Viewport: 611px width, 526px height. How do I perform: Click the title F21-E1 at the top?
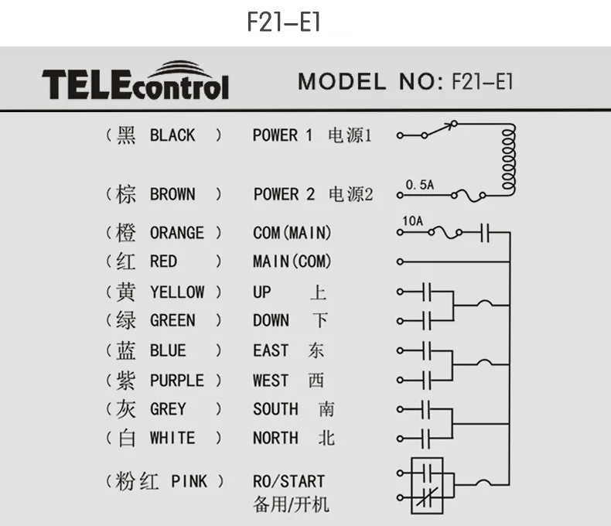coord(283,22)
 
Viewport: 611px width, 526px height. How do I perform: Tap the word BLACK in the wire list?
coord(172,135)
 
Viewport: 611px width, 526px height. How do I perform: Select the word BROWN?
coord(172,194)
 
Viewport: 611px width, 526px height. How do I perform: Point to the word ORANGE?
coord(177,233)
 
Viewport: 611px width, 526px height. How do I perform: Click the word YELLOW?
coord(177,292)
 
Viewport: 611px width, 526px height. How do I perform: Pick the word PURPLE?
coord(177,381)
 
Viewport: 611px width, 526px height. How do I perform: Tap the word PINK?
coord(189,481)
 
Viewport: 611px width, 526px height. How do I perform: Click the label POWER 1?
coord(282,135)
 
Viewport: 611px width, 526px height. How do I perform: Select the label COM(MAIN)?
coord(292,233)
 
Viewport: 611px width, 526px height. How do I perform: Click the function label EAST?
coord(271,350)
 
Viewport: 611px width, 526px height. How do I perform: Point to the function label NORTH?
coord(275,438)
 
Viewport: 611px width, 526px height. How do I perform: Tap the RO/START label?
coord(288,481)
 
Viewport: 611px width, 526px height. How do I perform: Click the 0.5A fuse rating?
coord(420,185)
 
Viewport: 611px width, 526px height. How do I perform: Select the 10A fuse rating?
coord(413,220)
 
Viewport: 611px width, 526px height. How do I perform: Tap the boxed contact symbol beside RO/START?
coord(423,485)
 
